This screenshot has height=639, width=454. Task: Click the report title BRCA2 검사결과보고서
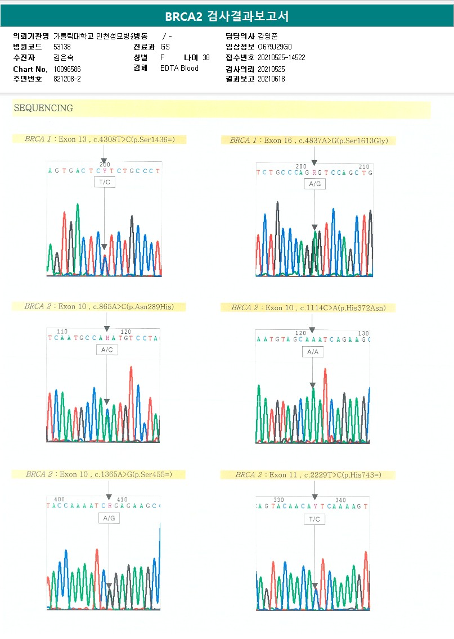coord(227,16)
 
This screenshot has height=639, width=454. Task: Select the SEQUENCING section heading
coord(43,108)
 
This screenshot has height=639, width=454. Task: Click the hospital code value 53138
coord(62,47)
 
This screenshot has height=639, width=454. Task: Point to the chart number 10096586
coord(68,69)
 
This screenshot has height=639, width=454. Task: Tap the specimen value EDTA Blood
coord(179,69)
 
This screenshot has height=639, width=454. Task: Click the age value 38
coord(206,57)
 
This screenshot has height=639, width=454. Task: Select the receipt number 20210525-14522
coord(281,57)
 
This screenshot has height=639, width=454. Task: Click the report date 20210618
coord(271,79)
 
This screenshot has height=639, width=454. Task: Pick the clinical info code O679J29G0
coord(275,47)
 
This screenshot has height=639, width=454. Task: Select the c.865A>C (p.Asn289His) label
coord(100,306)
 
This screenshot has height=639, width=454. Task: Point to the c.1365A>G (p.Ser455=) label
coord(98,474)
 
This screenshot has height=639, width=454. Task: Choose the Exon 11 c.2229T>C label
coord(308,475)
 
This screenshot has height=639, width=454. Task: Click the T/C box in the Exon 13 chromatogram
coord(105,183)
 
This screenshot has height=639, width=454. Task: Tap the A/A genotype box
coord(313,352)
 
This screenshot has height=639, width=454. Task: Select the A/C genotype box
coord(106,350)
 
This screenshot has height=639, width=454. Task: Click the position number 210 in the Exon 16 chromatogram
coord(364,166)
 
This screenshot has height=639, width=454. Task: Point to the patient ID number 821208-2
coord(67,79)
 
